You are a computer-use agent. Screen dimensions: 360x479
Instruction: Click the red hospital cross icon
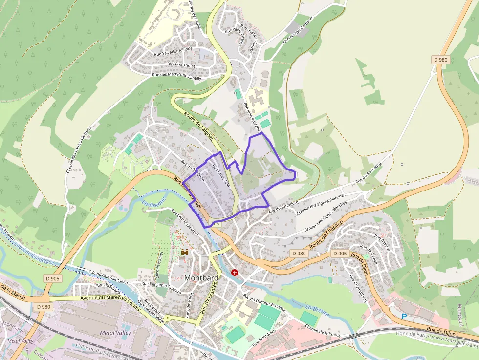pyautogui.click(x=235, y=272)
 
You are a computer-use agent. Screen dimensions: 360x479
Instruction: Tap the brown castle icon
pyautogui.click(x=185, y=252)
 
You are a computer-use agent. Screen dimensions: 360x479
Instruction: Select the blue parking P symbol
pyautogui.click(x=404, y=317)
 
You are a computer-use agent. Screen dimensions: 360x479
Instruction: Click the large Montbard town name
pyautogui.click(x=201, y=278)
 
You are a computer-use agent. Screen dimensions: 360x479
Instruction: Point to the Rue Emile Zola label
pyautogui.click(x=220, y=175)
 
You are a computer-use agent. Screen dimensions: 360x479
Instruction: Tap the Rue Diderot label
pyautogui.click(x=382, y=242)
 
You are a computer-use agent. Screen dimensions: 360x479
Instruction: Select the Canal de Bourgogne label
pyautogui.click(x=34, y=247)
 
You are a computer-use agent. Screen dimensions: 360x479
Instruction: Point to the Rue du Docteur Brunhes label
pyautogui.click(x=263, y=304)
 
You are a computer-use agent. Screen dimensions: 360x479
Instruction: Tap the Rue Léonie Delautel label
pyautogui.click(x=185, y=223)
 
